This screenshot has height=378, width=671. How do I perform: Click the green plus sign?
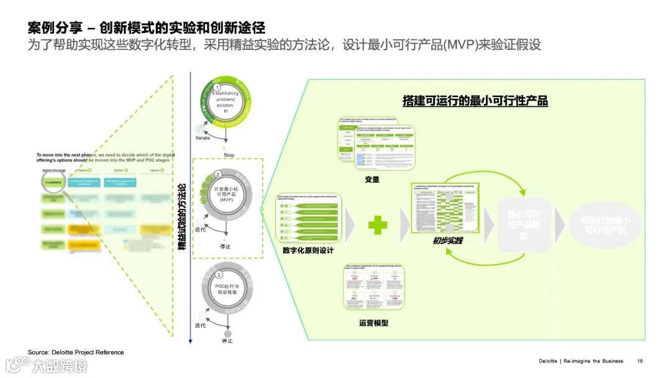click(377, 224)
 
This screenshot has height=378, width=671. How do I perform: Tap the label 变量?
click(372, 180)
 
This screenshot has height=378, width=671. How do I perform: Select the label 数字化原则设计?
click(308, 251)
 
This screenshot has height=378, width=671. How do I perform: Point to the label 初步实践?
click(447, 240)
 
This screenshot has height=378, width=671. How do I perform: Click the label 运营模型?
click(373, 323)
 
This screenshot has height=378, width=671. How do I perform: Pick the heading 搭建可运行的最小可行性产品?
click(475, 101)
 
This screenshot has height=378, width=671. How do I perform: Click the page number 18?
click(640, 361)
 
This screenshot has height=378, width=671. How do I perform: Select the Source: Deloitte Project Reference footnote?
click(76, 353)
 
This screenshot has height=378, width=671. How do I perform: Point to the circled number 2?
click(218, 175)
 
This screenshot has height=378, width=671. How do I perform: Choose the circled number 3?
click(218, 275)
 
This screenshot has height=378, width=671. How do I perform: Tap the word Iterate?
click(203, 138)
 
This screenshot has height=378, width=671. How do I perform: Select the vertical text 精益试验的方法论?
click(181, 217)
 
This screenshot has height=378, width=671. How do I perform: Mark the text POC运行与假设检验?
click(226, 289)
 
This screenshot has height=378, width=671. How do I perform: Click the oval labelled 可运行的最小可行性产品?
click(605, 225)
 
